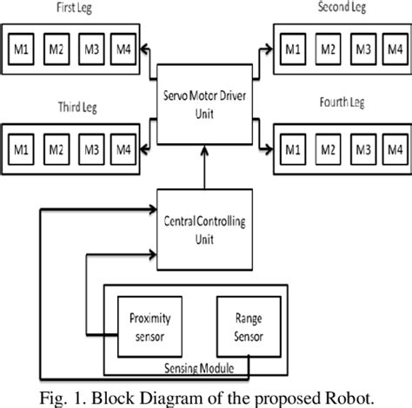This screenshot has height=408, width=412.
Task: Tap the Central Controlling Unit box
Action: [205, 229]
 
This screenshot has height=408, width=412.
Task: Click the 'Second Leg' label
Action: [344, 8]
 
